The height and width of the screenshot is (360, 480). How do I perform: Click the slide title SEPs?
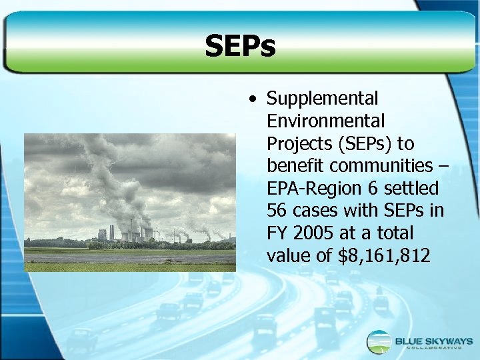tap(240, 47)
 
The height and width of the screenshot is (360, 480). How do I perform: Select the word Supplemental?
tap(322, 99)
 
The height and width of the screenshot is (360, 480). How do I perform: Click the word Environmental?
tap(325, 121)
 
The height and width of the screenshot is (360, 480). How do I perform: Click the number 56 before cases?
tap(277, 211)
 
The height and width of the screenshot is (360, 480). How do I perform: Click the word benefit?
tap(296, 166)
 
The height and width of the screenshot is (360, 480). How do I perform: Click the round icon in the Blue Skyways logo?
tap(379, 342)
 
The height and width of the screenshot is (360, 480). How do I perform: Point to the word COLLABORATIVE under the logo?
tap(431, 349)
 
